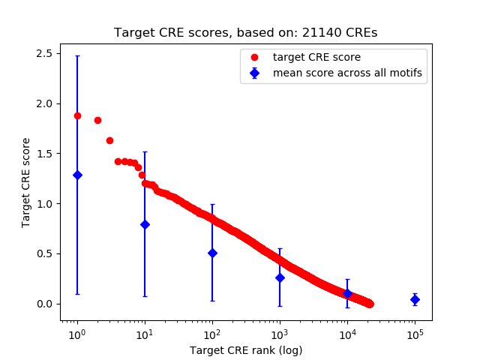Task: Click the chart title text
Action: [245, 33]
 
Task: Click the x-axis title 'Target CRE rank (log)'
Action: [245, 350]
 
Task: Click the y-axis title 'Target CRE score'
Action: [26, 182]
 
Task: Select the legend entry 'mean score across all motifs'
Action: [346, 73]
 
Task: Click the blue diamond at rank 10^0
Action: [77, 175]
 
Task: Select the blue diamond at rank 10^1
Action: [145, 224]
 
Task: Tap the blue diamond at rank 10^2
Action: [212, 253]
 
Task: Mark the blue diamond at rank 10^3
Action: [280, 277]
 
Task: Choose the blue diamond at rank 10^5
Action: [415, 299]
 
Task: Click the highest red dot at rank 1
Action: [77, 115]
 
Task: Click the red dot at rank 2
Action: [97, 120]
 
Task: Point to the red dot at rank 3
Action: [109, 140]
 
